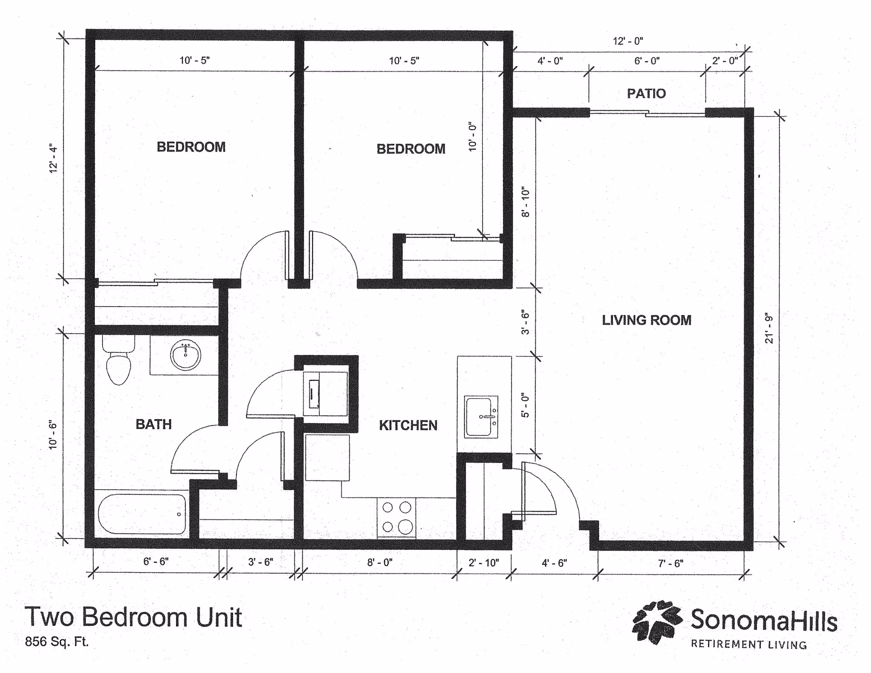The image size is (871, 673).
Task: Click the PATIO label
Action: click(646, 93)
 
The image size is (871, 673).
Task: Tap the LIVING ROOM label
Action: click(646, 320)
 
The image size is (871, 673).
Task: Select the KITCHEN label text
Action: click(408, 425)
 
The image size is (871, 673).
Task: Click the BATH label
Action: click(154, 424)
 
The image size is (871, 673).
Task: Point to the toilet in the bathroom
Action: click(118, 363)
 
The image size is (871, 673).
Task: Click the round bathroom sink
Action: click(186, 355)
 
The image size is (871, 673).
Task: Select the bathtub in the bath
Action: click(142, 514)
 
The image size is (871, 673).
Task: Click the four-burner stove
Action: click(396, 517)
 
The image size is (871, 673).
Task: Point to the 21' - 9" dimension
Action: click(769, 328)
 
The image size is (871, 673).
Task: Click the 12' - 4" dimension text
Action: click(54, 159)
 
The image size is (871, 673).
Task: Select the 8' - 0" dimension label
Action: click(380, 563)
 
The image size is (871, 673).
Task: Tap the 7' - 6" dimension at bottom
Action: click(670, 564)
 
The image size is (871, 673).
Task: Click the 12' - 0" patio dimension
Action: click(628, 41)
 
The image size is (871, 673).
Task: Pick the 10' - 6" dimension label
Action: click(54, 435)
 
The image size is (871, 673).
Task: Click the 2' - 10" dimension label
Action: click(484, 563)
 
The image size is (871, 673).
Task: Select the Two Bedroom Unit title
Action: click(133, 617)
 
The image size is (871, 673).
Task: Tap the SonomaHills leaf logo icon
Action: click(657, 622)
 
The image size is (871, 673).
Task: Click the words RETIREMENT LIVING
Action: click(749, 644)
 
